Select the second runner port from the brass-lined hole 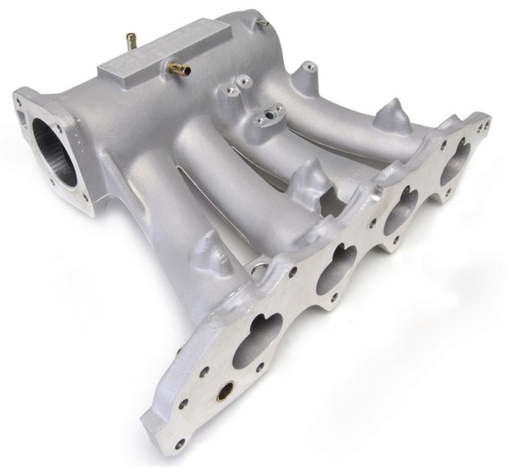pos(335,269)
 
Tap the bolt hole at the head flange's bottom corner pos(180,443)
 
